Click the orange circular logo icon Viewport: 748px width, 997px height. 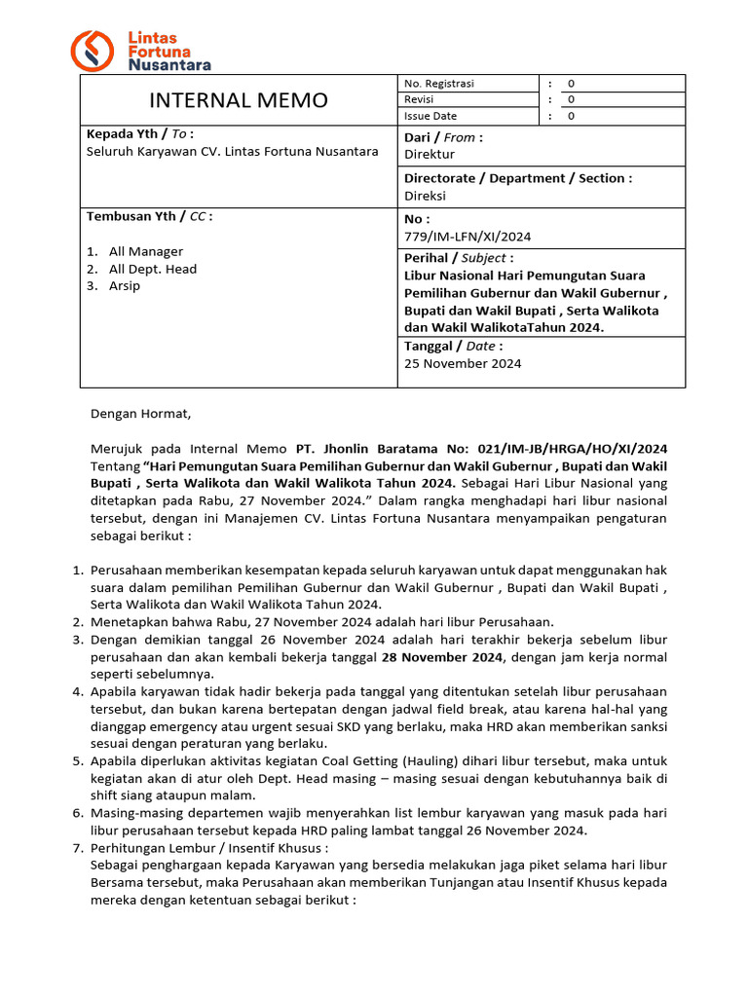(94, 51)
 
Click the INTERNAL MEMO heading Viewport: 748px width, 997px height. (238, 100)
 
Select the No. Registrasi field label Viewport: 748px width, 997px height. (438, 84)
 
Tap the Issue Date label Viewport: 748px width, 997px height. (430, 116)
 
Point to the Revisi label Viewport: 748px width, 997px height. (419, 99)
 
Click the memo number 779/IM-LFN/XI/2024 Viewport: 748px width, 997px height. (467, 236)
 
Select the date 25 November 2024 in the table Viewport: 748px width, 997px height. (463, 363)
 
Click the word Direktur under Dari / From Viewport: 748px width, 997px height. (430, 154)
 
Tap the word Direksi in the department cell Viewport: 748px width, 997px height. (425, 195)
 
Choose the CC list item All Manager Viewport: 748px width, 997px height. (145, 251)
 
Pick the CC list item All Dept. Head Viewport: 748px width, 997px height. (152, 269)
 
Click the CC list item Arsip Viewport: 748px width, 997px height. (125, 286)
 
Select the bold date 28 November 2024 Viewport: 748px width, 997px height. (440, 658)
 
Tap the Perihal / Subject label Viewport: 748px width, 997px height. (458, 258)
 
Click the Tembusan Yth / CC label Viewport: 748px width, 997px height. (149, 216)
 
